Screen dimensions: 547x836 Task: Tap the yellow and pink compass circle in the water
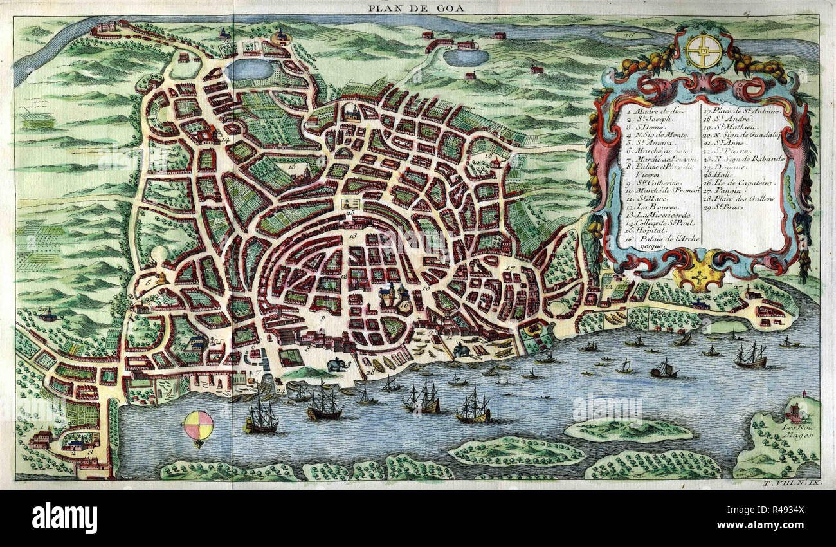198,425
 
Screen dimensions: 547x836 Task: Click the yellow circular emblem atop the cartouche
703,51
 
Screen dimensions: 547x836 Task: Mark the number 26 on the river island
628,34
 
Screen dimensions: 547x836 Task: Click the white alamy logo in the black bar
64,517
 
